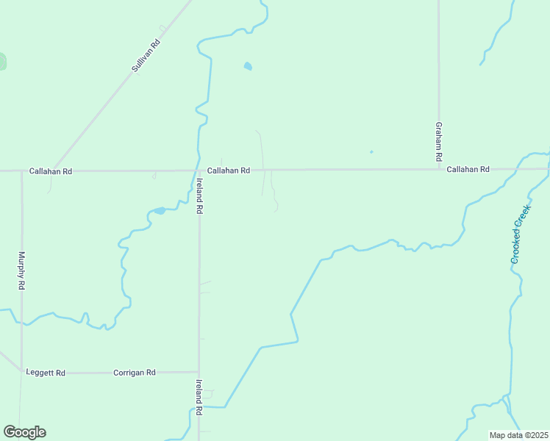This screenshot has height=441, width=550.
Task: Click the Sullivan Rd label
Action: pos(146,55)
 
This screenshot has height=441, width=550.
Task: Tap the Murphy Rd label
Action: pos(22,270)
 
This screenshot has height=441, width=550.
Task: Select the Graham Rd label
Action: pos(438,142)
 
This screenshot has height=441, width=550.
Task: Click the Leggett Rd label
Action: pos(46,373)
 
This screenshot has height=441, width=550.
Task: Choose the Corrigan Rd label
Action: pos(135,373)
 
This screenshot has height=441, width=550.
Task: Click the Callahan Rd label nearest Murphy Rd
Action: pos(51,171)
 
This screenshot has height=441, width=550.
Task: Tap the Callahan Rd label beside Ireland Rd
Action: pos(229,171)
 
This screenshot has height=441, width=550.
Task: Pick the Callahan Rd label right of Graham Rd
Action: pos(468,169)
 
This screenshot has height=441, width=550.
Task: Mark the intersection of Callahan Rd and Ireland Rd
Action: pos(199,171)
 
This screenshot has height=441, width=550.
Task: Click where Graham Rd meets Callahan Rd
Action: pos(439,169)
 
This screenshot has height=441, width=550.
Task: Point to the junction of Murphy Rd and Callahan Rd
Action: pos(21,171)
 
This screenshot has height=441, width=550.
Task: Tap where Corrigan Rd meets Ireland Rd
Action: pos(199,372)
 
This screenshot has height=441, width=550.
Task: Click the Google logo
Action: pos(24,432)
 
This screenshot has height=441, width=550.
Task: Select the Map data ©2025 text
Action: pos(519,435)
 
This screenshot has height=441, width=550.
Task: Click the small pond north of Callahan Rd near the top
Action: pos(248,66)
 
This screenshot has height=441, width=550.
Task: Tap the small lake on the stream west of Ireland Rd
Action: pos(159,211)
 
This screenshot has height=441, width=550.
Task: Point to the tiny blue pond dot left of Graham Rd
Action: pos(371,152)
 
